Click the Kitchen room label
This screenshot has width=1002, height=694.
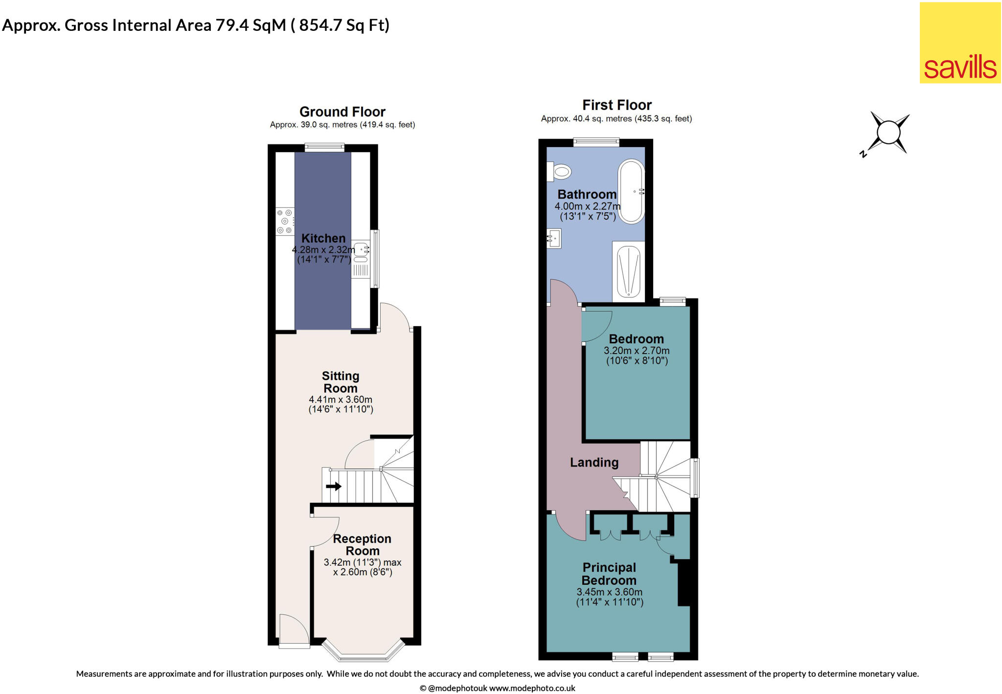tap(323, 238)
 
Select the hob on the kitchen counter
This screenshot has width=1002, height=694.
tap(285, 222)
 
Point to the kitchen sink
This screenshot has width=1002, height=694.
tap(361, 250)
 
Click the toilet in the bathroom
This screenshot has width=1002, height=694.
tap(561, 172)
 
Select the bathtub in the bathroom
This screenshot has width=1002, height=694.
tap(631, 192)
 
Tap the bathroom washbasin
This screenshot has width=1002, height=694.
tap(554, 239)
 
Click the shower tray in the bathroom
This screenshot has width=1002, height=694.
tap(628, 271)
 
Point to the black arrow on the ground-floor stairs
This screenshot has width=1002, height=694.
tap(334, 486)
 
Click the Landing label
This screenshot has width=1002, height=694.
tap(594, 462)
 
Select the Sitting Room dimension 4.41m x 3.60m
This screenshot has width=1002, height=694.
tap(341, 400)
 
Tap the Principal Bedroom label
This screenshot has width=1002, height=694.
tap(609, 574)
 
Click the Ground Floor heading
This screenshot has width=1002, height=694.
tap(342, 112)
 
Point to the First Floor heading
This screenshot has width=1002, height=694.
tap(616, 105)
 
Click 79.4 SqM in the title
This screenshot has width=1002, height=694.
tap(250, 25)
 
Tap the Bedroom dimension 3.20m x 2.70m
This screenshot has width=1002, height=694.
tap(637, 351)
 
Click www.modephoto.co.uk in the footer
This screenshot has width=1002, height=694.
tap(532, 688)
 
